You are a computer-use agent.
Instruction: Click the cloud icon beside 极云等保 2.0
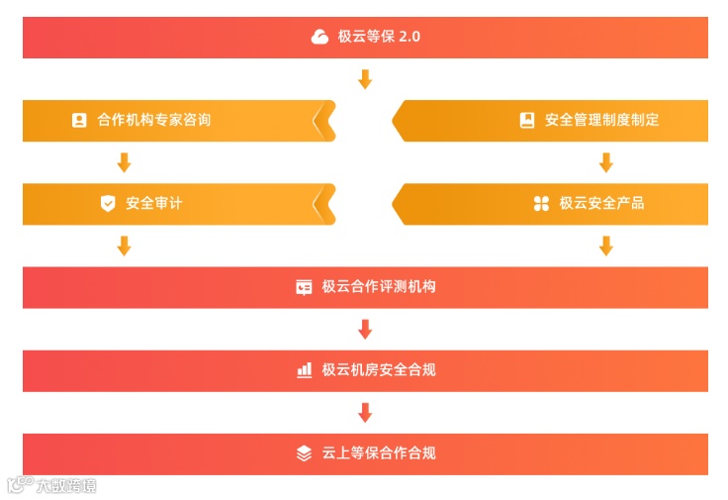click(x=319, y=37)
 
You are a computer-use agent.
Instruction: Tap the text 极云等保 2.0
click(x=379, y=37)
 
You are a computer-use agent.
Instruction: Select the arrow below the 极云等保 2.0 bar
click(x=365, y=79)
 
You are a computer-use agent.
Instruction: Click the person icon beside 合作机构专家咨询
click(x=79, y=120)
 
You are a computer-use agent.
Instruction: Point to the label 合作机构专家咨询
click(x=154, y=120)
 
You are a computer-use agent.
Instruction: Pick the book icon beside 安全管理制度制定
click(x=527, y=120)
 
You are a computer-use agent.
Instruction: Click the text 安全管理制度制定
click(x=601, y=120)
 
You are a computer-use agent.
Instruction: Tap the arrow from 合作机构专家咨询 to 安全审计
click(x=124, y=162)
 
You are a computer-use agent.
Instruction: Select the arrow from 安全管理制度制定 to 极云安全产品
click(x=606, y=162)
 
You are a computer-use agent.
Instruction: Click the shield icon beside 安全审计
click(x=108, y=203)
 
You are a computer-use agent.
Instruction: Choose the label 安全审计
click(x=154, y=203)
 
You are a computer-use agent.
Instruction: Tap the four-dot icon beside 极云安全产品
click(x=541, y=203)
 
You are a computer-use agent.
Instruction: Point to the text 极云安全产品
click(x=601, y=203)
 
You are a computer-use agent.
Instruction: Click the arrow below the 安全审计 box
click(x=124, y=246)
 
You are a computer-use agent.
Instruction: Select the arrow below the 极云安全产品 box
click(x=606, y=246)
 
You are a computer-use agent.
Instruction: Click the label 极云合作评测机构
click(x=379, y=287)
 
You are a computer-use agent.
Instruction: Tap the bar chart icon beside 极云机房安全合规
click(x=304, y=370)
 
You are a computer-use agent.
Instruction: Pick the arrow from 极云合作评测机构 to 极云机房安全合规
click(x=365, y=329)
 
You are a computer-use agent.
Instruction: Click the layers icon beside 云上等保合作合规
click(x=304, y=453)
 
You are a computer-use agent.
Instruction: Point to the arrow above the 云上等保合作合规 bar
click(x=365, y=412)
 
